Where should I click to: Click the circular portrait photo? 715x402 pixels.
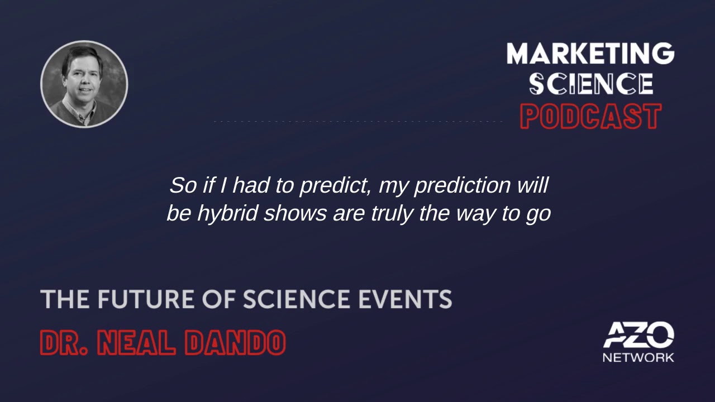(84, 84)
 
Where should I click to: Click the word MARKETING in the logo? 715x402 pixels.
(590, 54)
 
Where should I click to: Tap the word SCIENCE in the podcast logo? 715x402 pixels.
(592, 84)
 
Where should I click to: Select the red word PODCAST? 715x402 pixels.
(591, 116)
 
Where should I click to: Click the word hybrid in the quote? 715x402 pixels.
(227, 214)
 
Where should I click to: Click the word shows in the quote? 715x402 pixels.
(295, 214)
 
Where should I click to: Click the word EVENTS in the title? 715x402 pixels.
(406, 299)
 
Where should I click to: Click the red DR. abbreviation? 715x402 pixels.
(64, 343)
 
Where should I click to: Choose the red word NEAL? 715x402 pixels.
(137, 343)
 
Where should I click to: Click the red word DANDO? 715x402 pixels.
(235, 343)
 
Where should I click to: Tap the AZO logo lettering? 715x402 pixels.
(638, 335)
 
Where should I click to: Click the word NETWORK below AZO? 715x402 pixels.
(638, 358)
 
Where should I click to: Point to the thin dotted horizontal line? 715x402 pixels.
(358, 122)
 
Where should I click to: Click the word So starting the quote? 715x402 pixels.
(183, 186)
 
